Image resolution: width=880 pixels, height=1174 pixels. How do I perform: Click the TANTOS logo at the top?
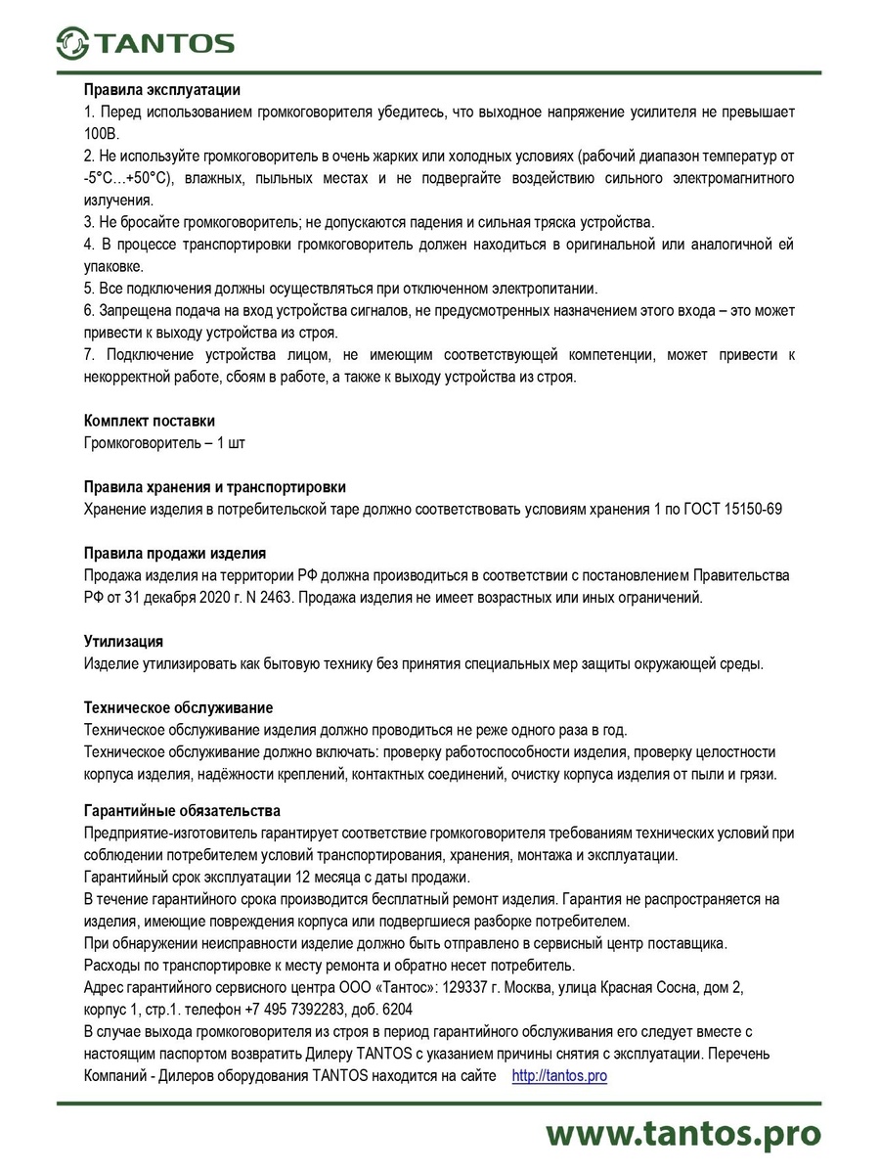tap(146, 43)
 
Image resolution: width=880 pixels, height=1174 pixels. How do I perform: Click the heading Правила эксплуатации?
tap(161, 90)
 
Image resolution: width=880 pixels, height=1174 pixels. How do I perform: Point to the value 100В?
tap(101, 133)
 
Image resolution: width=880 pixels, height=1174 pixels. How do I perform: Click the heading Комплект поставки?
tap(150, 421)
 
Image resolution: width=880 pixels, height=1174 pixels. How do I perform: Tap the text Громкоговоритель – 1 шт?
tap(164, 443)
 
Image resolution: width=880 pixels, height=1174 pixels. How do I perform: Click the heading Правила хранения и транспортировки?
tap(214, 486)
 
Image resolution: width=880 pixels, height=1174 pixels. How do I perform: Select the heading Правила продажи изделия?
tap(175, 553)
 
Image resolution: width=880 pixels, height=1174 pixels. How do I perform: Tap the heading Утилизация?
tap(123, 642)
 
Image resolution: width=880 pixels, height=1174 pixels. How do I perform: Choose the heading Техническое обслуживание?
tap(179, 707)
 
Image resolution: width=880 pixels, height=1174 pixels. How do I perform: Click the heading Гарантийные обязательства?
tap(183, 810)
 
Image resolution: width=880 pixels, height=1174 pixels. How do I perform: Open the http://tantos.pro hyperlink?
tap(559, 1076)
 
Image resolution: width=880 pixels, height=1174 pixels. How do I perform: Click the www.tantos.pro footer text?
tap(682, 1133)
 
